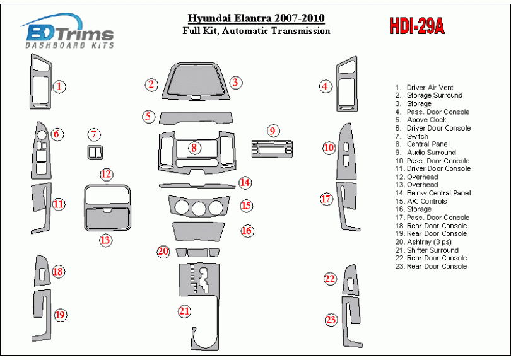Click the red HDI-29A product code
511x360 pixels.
pos(417,26)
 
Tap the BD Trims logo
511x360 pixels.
pos(68,31)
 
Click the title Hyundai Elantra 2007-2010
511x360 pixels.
pos(256,18)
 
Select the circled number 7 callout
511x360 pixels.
pos(94,134)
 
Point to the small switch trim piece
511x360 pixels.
pos(95,152)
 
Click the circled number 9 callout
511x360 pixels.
pos(273,131)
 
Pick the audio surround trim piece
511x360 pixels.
pos(272,149)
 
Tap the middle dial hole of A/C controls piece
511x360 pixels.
pos(199,208)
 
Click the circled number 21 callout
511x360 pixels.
pos(184,311)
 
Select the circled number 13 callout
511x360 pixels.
pos(105,240)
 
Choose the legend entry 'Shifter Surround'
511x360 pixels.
pos(427,250)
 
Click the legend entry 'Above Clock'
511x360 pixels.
pos(421,120)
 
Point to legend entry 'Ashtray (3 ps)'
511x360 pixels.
pos(423,242)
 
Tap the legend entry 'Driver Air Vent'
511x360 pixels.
pos(424,88)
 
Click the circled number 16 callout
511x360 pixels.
pos(247,231)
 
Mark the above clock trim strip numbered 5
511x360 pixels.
pos(196,118)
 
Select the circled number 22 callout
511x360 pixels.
pos(330,279)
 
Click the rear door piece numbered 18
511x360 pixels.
pos(42,271)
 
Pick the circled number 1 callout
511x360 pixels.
pos(59,86)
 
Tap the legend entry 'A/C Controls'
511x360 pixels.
pos(421,201)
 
